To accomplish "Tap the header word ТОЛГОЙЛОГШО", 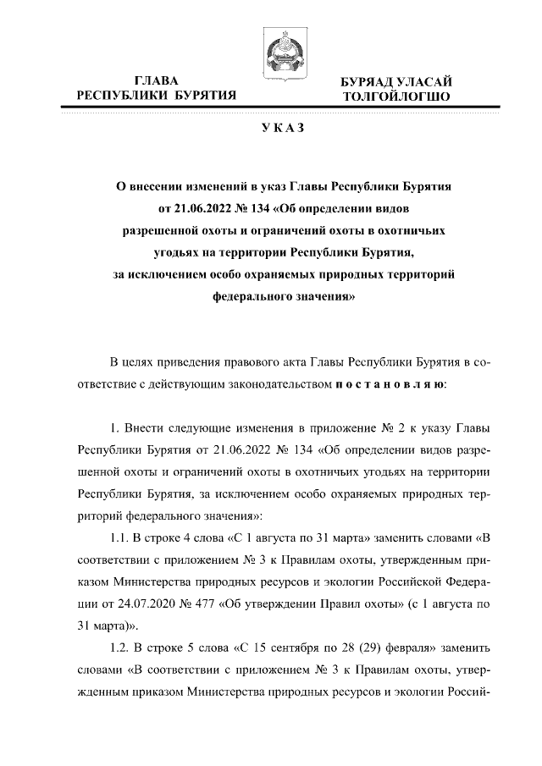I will [397, 97].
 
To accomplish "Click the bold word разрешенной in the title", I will [158, 229].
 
